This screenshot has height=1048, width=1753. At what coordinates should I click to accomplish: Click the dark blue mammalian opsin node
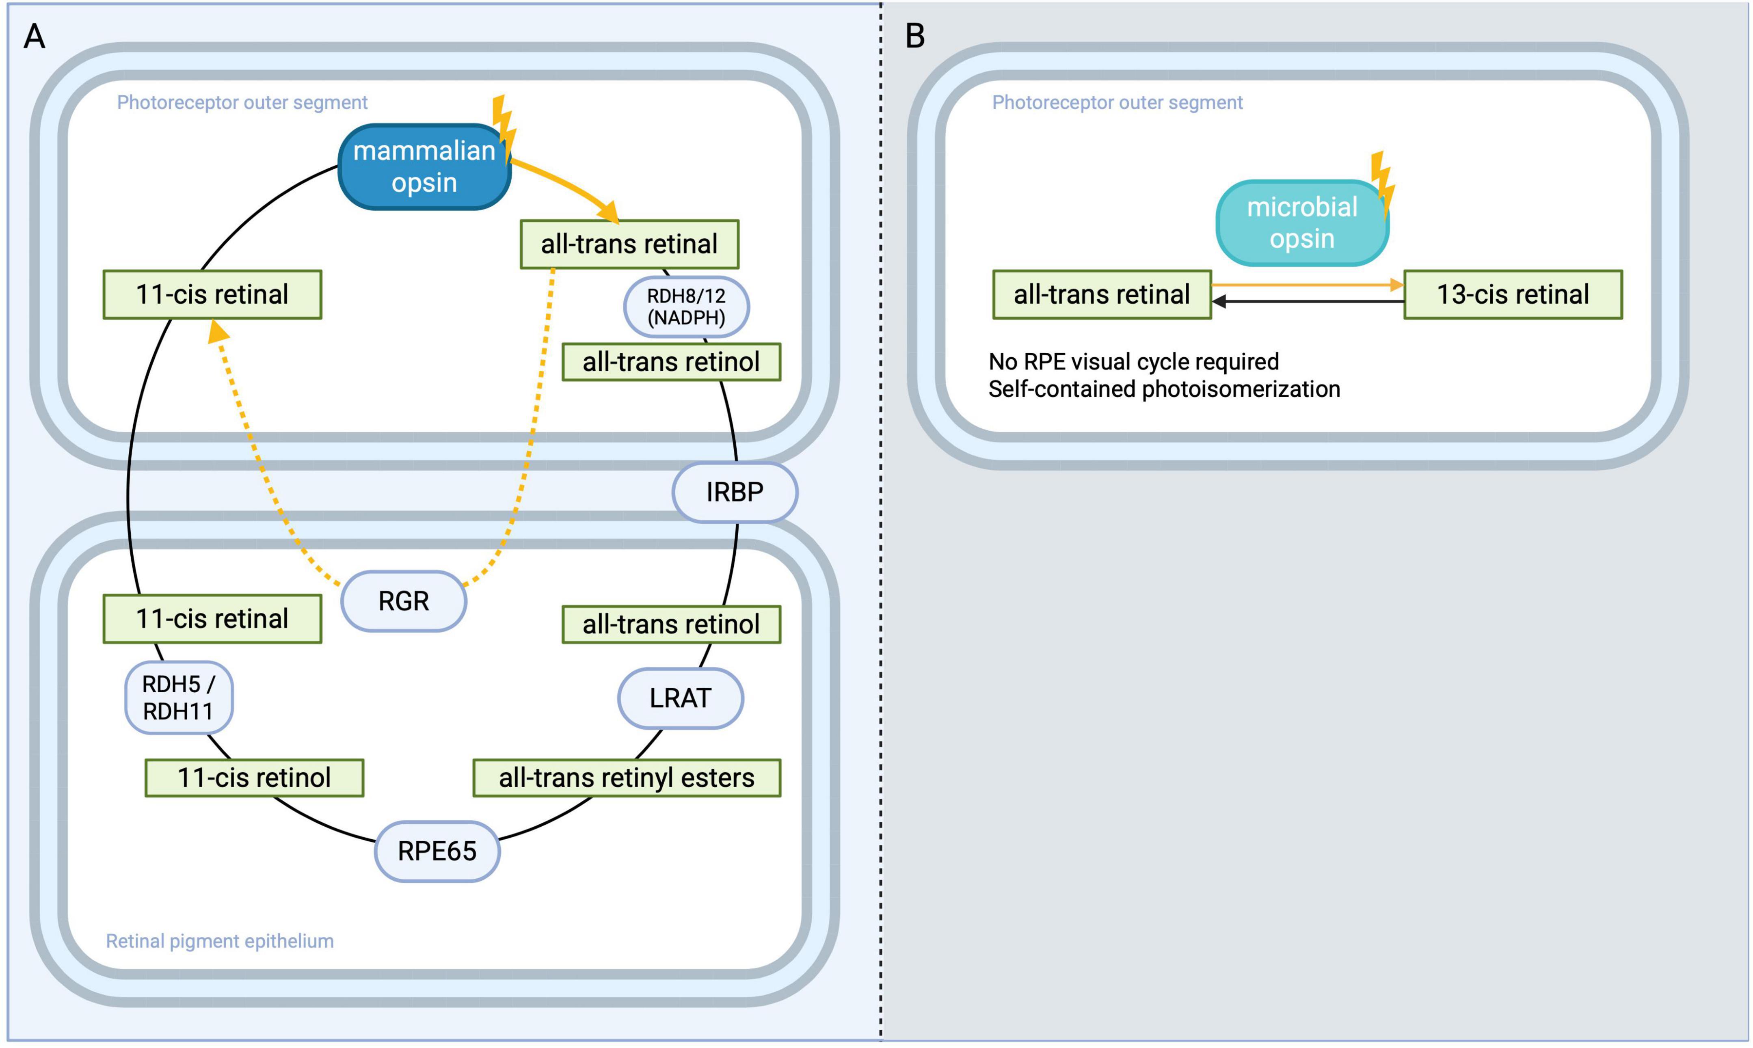(424, 166)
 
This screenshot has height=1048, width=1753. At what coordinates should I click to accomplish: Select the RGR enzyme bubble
(403, 601)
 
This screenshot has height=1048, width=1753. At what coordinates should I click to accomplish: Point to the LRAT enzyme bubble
(680, 698)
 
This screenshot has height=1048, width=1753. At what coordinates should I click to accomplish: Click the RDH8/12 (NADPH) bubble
(686, 307)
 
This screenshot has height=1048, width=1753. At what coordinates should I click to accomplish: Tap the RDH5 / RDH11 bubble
(179, 698)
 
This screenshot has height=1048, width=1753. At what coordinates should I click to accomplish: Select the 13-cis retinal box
(1513, 294)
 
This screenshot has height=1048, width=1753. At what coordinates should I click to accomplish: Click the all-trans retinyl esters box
(627, 778)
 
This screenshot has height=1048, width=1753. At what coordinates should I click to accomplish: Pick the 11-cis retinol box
(254, 778)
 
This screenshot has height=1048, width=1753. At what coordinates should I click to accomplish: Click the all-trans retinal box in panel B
(1101, 294)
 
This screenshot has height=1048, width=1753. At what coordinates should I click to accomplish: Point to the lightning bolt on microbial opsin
(1382, 182)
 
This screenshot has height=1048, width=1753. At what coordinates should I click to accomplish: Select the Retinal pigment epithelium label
(220, 941)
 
